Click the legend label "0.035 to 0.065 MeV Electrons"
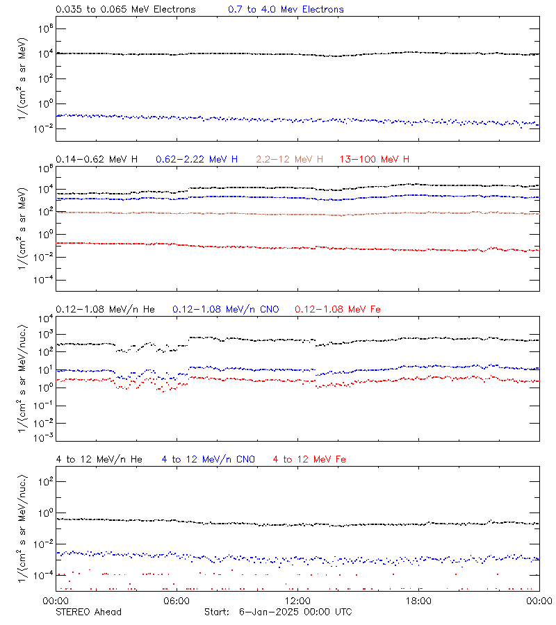point(125,10)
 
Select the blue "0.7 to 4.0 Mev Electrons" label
point(286,10)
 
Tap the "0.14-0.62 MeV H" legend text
point(96,160)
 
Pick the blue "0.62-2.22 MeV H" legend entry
point(197,160)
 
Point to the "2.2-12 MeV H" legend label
point(290,160)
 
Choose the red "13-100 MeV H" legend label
point(375,160)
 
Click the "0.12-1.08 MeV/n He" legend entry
point(108,309)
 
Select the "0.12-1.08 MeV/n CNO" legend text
point(226,309)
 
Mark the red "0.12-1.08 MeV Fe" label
point(338,309)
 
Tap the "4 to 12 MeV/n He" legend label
point(99,459)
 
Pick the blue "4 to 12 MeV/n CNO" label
point(208,459)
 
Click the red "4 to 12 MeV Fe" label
point(309,459)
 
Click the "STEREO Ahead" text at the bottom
point(88,612)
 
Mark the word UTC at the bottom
point(341,612)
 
